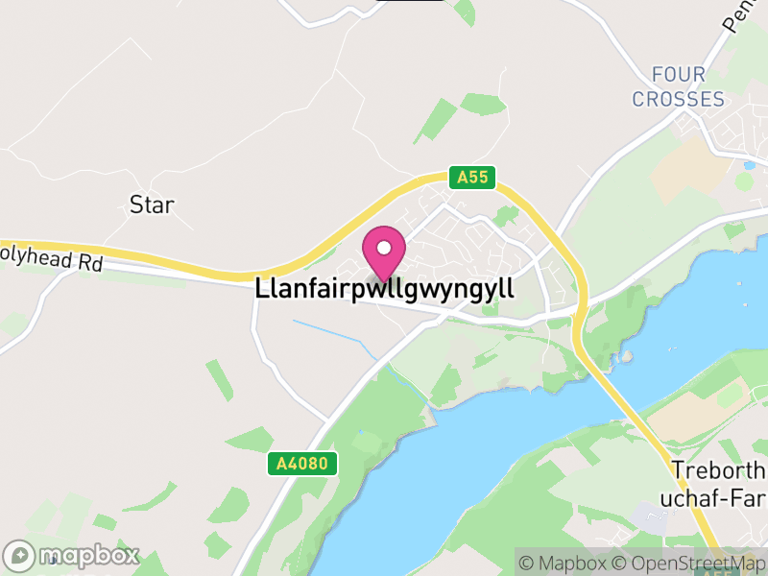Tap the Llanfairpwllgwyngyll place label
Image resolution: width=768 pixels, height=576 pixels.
[385, 289]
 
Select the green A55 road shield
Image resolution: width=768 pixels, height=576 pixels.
[472, 177]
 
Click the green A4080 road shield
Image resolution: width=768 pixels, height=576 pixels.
[301, 464]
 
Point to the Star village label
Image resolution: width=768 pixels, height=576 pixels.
[152, 204]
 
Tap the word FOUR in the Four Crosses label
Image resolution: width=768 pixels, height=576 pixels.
[678, 75]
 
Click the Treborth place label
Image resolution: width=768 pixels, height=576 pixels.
[720, 471]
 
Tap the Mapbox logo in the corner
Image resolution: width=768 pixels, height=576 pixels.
[72, 556]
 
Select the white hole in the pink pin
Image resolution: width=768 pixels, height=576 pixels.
[384, 249]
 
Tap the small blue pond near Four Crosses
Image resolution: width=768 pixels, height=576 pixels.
[748, 165]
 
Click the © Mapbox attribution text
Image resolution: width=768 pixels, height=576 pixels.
[567, 563]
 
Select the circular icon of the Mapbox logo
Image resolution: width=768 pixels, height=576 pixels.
[19, 556]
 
